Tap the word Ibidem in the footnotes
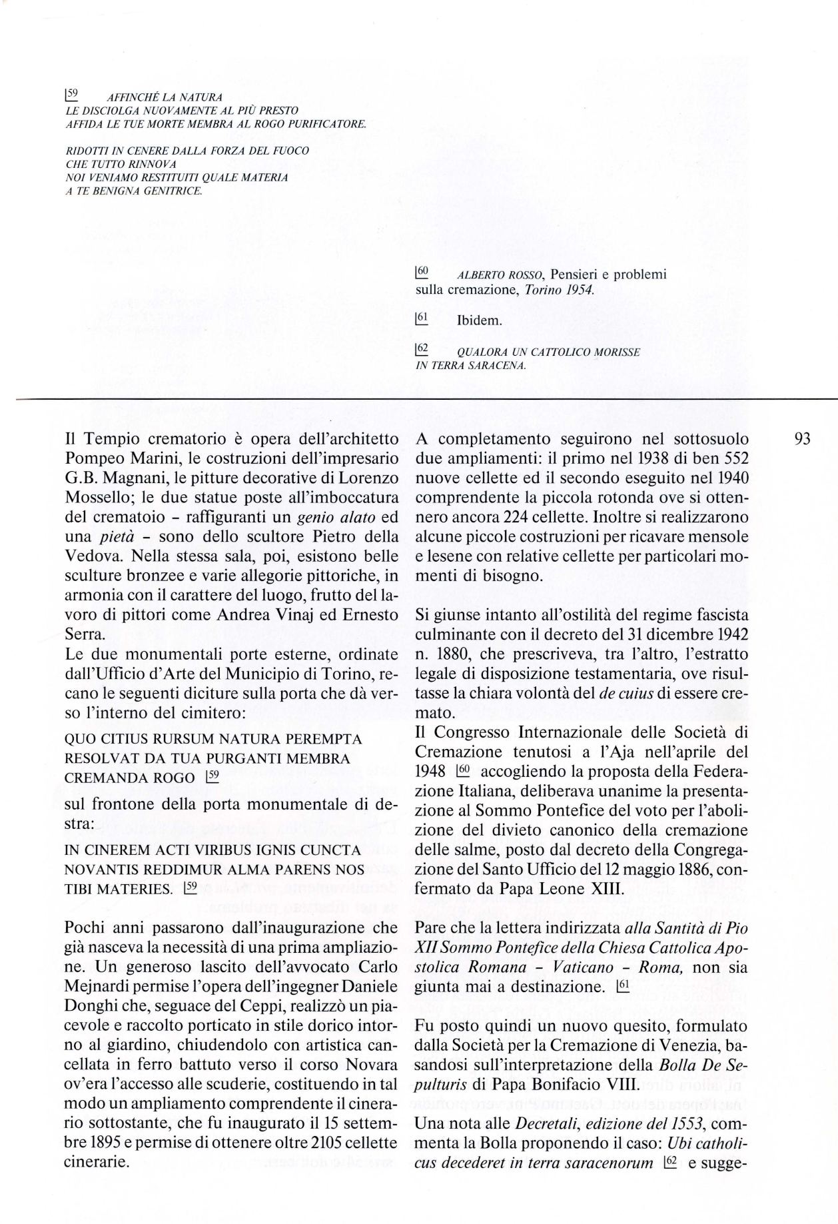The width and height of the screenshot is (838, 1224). click(479, 320)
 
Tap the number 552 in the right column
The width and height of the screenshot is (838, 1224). click(732, 459)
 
